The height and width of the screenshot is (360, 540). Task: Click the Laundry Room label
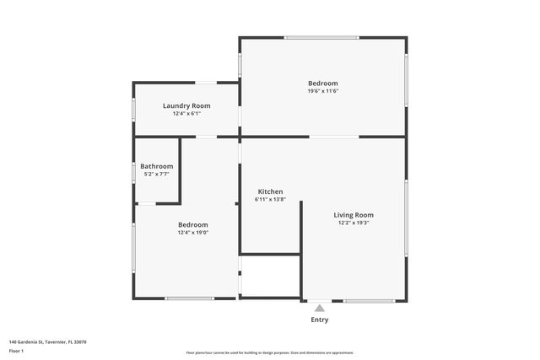(x=186, y=105)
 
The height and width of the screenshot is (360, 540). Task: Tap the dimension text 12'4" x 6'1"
(x=186, y=114)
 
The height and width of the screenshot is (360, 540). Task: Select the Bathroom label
(x=157, y=166)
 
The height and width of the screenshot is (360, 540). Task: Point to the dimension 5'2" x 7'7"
(x=157, y=175)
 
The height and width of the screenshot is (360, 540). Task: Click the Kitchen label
(x=270, y=191)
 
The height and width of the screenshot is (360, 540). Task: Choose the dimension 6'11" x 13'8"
(x=271, y=200)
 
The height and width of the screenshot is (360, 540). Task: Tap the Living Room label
(x=354, y=215)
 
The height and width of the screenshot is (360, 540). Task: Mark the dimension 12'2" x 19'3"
(x=354, y=223)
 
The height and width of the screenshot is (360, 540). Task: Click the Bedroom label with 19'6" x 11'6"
(x=322, y=83)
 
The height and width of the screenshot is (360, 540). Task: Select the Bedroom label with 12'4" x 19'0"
(x=193, y=224)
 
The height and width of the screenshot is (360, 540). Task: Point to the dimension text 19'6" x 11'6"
(x=322, y=91)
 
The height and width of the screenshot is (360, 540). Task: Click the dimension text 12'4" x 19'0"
(x=193, y=233)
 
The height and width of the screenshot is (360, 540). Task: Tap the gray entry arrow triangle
(x=319, y=309)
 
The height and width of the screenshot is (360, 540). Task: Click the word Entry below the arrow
(x=320, y=320)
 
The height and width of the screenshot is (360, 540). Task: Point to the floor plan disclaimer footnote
(x=270, y=352)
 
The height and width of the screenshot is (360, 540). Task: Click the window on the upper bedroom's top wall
(x=321, y=37)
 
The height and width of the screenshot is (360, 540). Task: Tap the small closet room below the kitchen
(x=271, y=276)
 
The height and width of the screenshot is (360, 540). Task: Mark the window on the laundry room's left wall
(x=133, y=109)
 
